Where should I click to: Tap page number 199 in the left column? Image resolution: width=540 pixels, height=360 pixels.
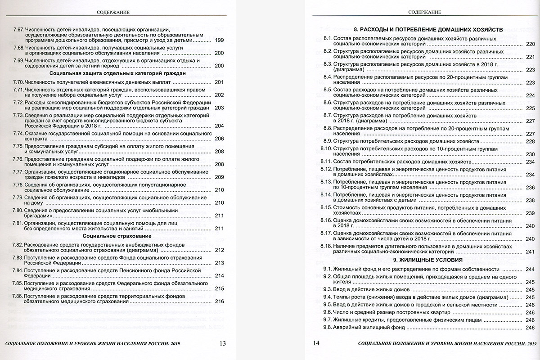pos(220,40)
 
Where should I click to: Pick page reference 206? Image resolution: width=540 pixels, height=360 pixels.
pos(220,139)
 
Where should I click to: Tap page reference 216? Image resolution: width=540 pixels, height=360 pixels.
pos(220,301)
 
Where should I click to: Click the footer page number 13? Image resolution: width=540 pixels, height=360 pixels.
pos(222,343)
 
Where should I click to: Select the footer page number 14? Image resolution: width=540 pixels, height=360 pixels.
pos(316,343)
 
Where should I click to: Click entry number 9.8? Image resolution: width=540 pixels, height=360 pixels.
pos(327,327)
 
